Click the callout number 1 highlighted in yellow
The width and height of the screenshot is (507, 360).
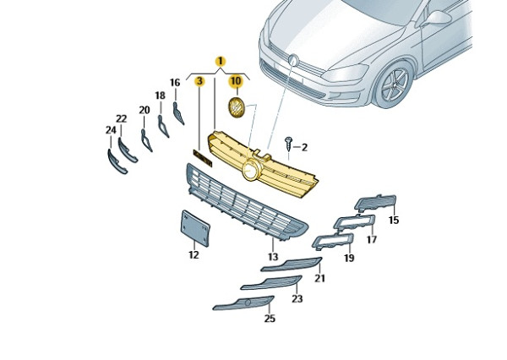pos(220,61)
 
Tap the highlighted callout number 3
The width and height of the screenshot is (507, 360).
pos(199,81)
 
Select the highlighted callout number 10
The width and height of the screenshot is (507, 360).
pos(236,81)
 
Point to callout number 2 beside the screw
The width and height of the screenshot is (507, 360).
pos(304,147)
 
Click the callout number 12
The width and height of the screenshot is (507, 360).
pos(193,254)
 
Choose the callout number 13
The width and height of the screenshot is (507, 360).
pos(273,257)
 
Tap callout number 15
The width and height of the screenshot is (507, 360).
pos(393,221)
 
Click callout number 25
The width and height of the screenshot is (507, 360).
pos(270,319)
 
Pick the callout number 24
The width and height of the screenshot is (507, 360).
pos(110,130)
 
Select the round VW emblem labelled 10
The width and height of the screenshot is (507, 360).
pos(237,107)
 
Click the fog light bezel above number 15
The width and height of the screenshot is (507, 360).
pos(375,202)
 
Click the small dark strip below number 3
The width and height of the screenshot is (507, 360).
pos(202,156)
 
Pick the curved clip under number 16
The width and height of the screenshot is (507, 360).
pos(179,112)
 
